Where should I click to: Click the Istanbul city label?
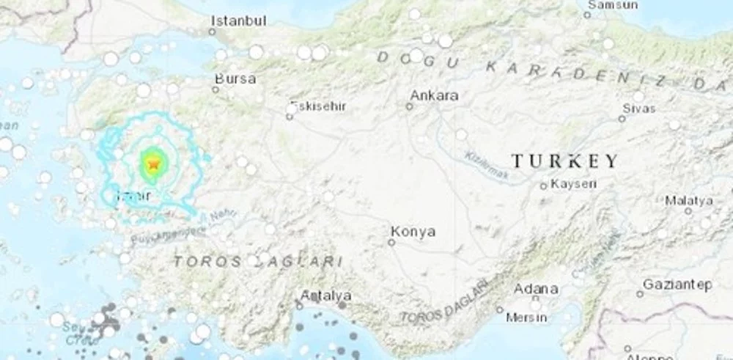238,21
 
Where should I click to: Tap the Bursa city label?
235,78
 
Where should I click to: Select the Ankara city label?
434,95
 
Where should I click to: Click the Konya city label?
413,232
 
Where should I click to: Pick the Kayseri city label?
573,184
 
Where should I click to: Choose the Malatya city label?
689,200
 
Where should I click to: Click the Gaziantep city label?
677,284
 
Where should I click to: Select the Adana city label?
536,289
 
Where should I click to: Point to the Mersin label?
526,317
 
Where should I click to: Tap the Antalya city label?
325,296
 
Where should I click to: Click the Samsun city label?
614,5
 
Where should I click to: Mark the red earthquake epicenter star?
152,164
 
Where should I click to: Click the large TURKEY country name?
564,161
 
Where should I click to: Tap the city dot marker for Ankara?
409,106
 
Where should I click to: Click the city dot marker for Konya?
392,243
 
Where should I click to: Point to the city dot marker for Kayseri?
543,186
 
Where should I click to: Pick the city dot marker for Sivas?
622,118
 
